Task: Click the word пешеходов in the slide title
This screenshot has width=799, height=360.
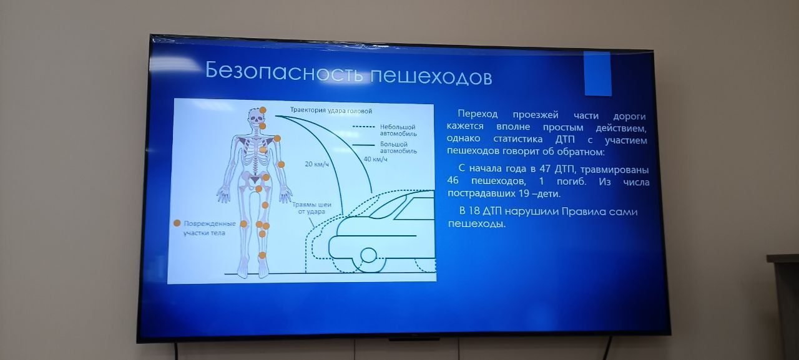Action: point(431,75)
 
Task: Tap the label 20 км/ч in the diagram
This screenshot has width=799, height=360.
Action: point(316,164)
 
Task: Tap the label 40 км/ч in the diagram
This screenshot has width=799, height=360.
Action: point(375,159)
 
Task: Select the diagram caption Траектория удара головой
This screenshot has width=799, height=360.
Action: point(331,110)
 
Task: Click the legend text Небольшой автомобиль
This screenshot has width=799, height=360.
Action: point(398,130)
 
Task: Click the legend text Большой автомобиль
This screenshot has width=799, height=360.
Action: point(398,148)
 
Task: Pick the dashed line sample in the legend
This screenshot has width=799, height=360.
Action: point(363,127)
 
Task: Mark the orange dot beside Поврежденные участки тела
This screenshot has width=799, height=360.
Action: point(177,223)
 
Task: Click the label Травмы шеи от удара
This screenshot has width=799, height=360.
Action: point(311,208)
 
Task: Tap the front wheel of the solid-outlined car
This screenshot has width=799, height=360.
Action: point(368,255)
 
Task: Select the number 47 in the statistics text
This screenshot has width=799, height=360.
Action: point(544,168)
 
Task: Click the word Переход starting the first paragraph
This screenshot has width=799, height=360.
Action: point(478,114)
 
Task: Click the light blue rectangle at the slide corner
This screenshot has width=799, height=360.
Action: point(597,74)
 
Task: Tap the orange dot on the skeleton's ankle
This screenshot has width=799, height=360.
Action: point(262,255)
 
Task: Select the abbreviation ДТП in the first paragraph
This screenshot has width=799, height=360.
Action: point(565,139)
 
